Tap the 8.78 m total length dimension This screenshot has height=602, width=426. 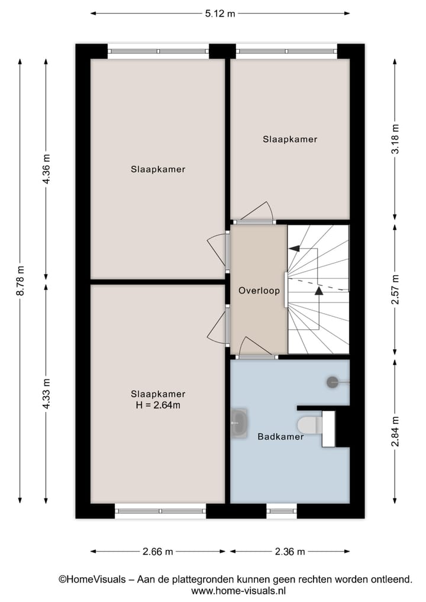tap(20, 279)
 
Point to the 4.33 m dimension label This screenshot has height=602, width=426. tap(46, 394)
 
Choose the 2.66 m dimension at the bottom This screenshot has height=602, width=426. tap(157, 552)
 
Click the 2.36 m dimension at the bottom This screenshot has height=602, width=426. tap(289, 552)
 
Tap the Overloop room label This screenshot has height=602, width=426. tap(259, 291)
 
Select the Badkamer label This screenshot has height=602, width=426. tap(280, 437)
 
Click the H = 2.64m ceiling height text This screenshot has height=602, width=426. tap(158, 405)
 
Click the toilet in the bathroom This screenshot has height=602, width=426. tap(308, 424)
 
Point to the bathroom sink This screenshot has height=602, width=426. tap(238, 421)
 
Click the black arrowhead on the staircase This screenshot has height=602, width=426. tap(319, 290)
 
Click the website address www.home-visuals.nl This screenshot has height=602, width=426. tap(238, 590)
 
